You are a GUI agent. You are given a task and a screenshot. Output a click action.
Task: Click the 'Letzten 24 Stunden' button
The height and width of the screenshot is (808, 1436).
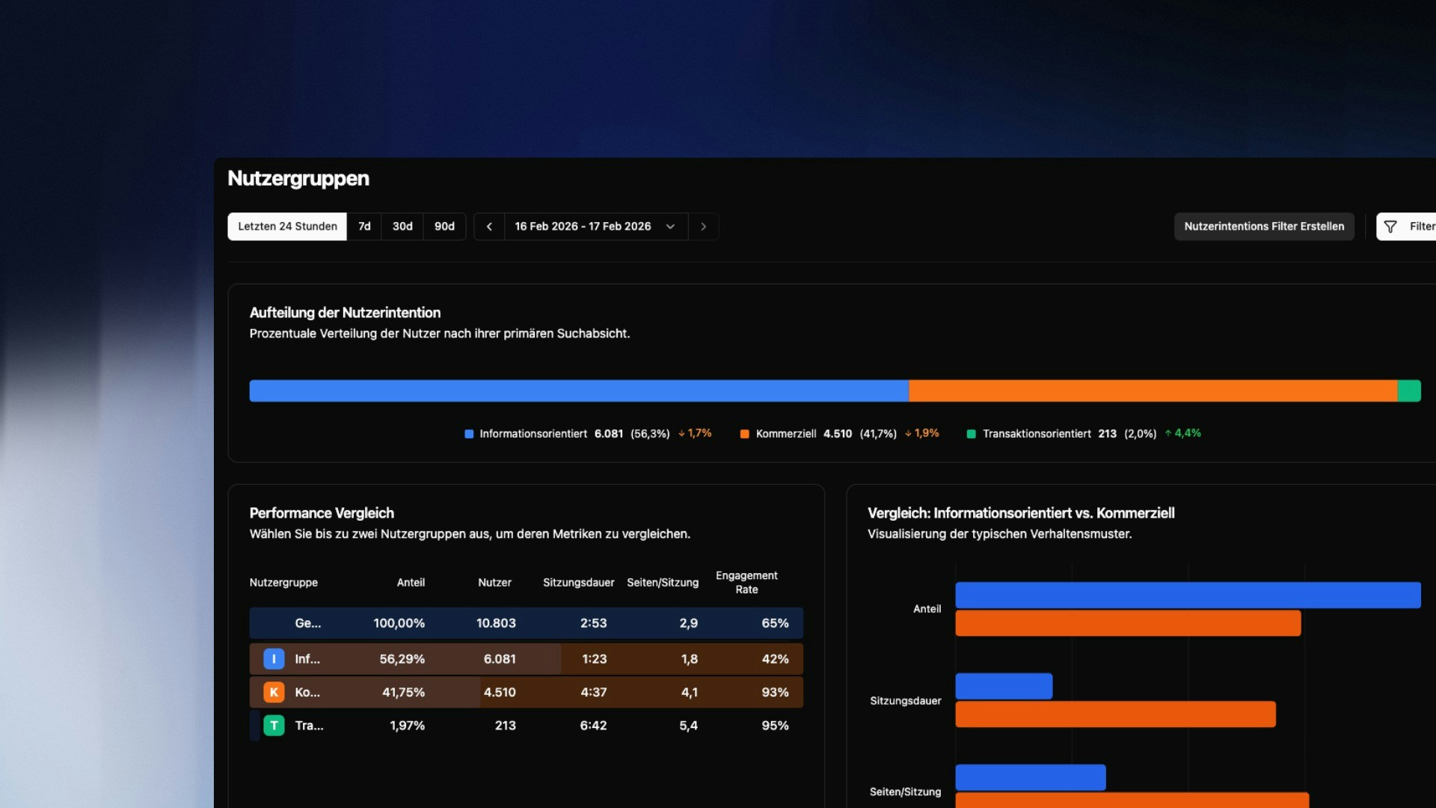point(287,227)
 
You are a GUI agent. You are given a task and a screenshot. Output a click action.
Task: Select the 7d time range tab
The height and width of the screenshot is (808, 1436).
point(364,227)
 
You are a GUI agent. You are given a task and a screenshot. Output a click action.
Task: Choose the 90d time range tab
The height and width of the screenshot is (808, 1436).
point(444,227)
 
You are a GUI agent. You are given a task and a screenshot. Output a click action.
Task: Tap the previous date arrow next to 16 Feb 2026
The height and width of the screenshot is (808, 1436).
point(489,227)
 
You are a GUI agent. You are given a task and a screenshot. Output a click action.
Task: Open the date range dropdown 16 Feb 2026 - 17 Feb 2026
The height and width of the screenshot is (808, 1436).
point(595,227)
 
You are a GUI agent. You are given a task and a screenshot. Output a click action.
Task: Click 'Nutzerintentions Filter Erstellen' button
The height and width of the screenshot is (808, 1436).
point(1264,227)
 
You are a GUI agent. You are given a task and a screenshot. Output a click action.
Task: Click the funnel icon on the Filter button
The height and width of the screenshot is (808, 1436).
point(1390,227)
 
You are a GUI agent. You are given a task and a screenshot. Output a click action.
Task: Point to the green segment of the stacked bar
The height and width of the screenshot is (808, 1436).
point(1409,391)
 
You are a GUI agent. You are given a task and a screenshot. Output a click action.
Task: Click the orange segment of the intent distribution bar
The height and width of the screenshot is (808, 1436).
point(1153,391)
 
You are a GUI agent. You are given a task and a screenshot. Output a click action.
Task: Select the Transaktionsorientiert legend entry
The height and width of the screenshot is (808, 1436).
point(1036,434)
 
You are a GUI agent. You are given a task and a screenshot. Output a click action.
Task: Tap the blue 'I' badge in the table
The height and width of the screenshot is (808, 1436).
point(274,659)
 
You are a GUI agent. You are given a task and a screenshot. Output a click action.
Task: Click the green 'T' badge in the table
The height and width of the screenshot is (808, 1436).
point(274,726)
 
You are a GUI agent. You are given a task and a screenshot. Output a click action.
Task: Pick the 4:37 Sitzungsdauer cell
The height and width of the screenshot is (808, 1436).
point(593,693)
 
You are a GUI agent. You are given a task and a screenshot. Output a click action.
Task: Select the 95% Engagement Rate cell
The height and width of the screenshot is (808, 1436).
point(775,726)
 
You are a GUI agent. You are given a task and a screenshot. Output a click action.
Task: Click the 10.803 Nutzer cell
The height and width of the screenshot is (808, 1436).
point(496,623)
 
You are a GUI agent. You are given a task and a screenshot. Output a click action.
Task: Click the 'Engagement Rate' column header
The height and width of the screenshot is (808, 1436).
point(746,583)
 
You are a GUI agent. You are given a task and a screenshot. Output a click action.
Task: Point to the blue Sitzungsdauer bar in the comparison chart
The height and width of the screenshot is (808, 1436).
point(1004,686)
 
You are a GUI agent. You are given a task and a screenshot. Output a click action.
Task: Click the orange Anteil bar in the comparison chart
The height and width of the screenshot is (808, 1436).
point(1128,623)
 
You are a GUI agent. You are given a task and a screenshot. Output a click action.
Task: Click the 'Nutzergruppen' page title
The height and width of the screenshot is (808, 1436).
point(298,179)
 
